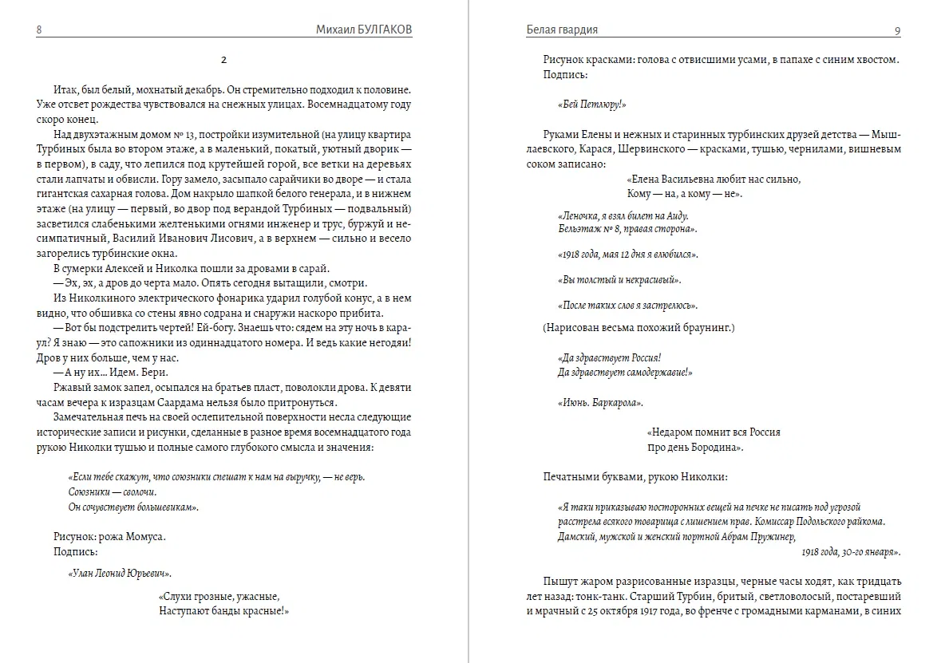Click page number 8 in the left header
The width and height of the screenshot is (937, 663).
[39, 30]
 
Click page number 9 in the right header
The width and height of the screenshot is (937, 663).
[898, 30]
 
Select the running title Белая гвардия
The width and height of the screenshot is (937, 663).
[562, 30]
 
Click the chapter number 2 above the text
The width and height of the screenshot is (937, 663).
[224, 60]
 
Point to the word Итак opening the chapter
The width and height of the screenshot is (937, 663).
[66, 89]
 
